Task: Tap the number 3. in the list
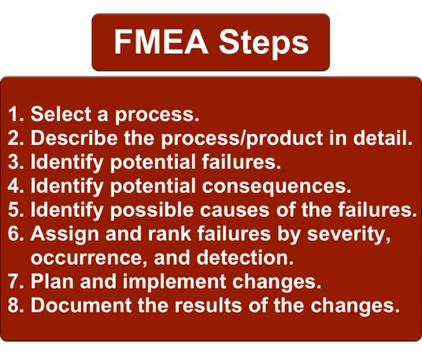17,163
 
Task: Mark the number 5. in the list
17,211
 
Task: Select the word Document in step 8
75,306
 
